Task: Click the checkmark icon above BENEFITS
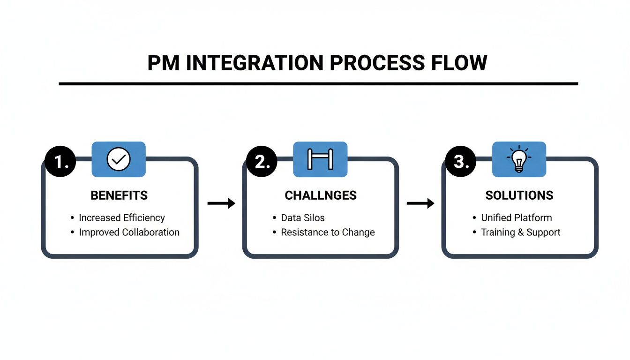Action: pyautogui.click(x=118, y=159)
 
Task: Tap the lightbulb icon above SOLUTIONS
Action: pyautogui.click(x=519, y=159)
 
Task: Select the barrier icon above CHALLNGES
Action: pyautogui.click(x=320, y=159)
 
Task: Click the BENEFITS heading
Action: pyautogui.click(x=119, y=195)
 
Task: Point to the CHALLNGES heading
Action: pyautogui.click(x=321, y=195)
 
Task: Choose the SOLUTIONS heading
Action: pyautogui.click(x=519, y=195)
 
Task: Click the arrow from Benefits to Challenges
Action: pyautogui.click(x=221, y=203)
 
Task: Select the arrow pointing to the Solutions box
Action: pyautogui.click(x=420, y=203)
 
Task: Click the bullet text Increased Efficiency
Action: pyautogui.click(x=121, y=218)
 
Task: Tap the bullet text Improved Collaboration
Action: pyautogui.click(x=129, y=232)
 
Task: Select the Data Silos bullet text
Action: pyautogui.click(x=302, y=218)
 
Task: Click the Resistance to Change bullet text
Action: pyautogui.click(x=328, y=232)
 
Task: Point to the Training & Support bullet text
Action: pyautogui.click(x=520, y=232)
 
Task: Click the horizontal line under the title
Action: pyautogui.click(x=318, y=84)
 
